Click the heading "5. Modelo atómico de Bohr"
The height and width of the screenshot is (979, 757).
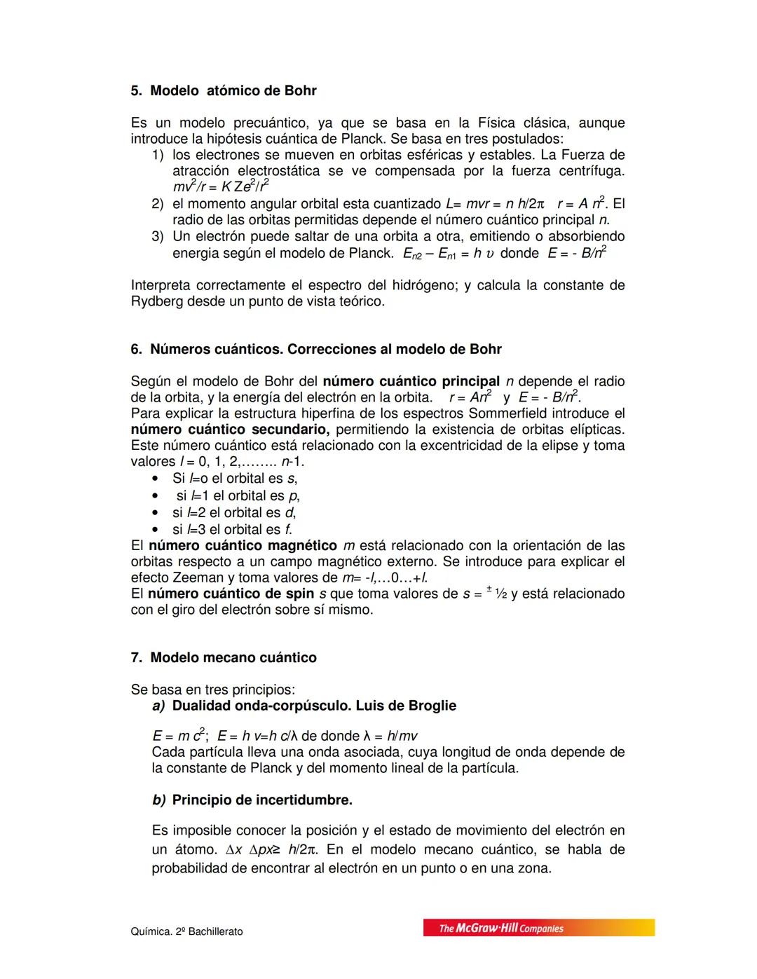[224, 91]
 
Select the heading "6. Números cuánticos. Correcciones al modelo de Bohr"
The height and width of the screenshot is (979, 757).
[316, 349]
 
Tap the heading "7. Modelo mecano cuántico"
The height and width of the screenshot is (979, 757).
[224, 657]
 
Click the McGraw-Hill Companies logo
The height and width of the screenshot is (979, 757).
[538, 928]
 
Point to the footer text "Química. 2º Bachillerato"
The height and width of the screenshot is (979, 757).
[186, 931]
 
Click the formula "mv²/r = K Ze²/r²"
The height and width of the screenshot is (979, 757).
[221, 187]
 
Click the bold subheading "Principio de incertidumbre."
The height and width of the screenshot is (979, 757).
[262, 800]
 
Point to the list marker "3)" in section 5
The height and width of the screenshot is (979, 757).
[158, 237]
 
